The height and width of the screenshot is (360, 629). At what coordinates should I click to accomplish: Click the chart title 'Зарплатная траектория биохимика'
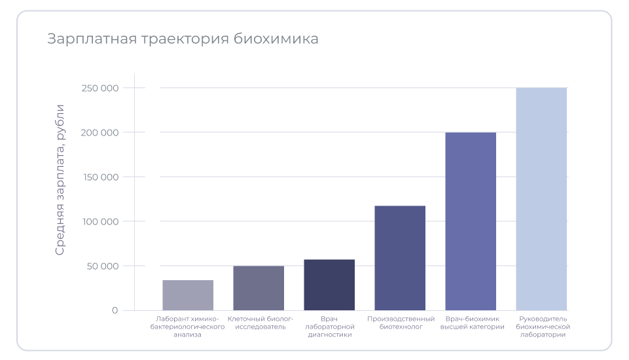[x=183, y=39]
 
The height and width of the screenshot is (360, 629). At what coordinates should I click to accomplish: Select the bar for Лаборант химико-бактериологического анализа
[x=188, y=295]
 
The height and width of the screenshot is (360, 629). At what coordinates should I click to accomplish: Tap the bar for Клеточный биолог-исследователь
[x=259, y=288]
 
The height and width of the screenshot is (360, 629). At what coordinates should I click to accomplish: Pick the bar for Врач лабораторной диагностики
[x=329, y=285]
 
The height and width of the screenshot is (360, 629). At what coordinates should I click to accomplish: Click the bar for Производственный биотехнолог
[x=400, y=258]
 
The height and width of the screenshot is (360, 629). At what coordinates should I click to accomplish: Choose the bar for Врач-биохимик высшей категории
[x=471, y=221]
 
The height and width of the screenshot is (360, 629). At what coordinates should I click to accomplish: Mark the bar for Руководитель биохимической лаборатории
[x=541, y=199]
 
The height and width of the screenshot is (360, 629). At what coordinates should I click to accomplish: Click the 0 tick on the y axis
[x=115, y=310]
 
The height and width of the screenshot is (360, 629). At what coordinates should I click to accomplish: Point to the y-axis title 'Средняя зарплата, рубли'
[x=60, y=179]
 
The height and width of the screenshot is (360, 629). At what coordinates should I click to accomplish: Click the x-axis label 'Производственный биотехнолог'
[x=400, y=323]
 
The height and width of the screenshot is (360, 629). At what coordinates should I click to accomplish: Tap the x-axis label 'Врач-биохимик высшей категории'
[x=471, y=323]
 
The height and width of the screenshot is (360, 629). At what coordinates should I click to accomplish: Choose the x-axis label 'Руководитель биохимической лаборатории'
[x=543, y=327]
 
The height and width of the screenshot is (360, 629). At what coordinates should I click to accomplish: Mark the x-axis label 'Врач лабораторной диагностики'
[x=329, y=327]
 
